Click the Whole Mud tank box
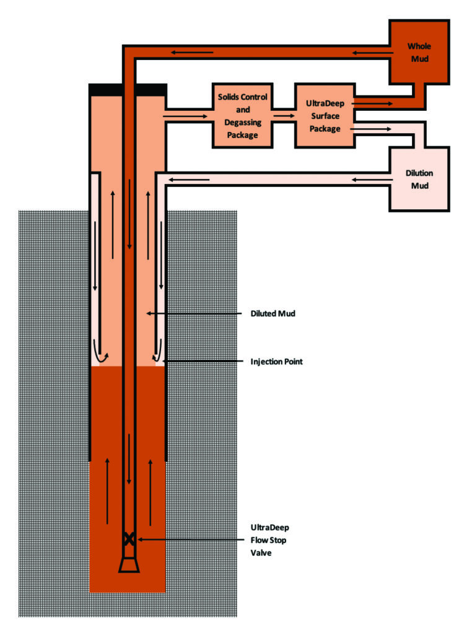(418, 53)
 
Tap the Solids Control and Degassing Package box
(242, 116)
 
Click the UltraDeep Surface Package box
(325, 116)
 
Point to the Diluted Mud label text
(273, 314)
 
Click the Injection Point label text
(276, 362)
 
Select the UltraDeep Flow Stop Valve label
(269, 540)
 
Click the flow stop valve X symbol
(129, 539)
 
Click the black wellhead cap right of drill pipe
(151, 90)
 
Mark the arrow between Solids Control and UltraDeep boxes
(284, 116)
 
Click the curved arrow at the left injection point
(99, 354)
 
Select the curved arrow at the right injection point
(159, 354)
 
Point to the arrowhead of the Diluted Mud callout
(147, 314)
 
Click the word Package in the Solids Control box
(242, 135)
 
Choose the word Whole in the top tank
(419, 46)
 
